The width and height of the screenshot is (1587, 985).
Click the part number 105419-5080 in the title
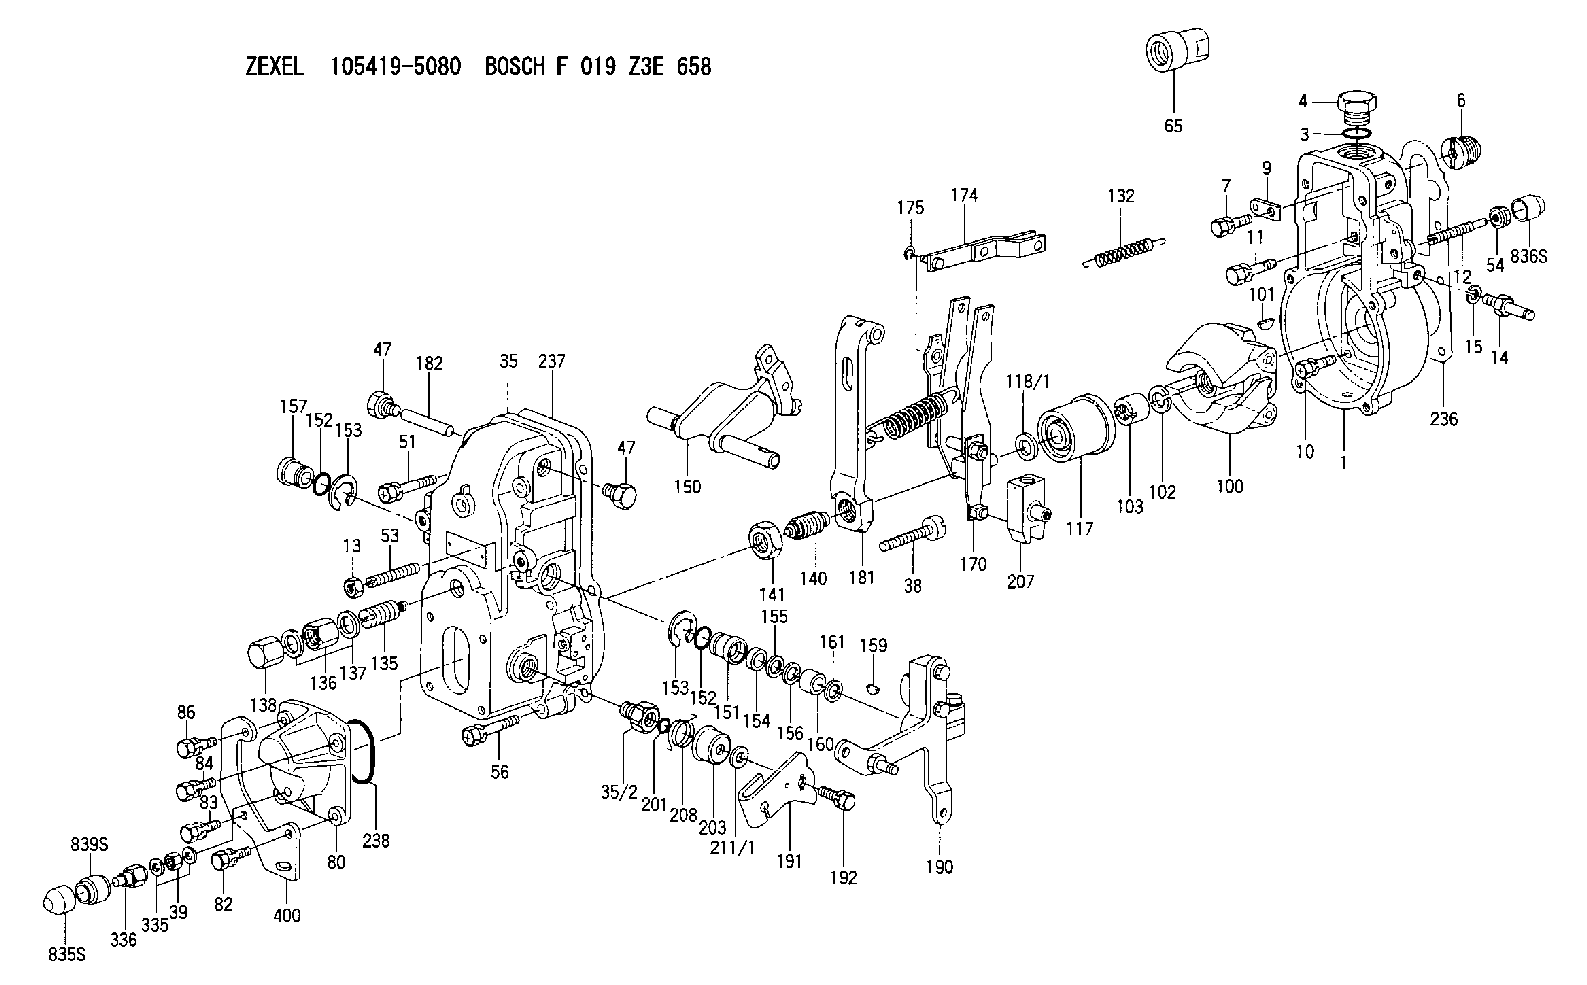[395, 67]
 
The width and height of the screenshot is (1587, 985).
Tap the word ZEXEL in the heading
[275, 67]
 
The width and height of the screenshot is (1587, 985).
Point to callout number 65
[1173, 126]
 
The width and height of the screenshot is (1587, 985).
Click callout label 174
[964, 195]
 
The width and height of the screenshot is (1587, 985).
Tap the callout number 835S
[67, 955]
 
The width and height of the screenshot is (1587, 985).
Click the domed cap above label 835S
[60, 900]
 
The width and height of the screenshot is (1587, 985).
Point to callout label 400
[287, 916]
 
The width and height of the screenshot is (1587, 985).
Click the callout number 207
[1020, 582]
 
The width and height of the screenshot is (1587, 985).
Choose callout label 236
[1444, 419]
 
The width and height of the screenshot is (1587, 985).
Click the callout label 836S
[1528, 257]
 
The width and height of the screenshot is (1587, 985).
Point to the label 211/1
[733, 848]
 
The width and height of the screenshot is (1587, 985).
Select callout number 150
[687, 487]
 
